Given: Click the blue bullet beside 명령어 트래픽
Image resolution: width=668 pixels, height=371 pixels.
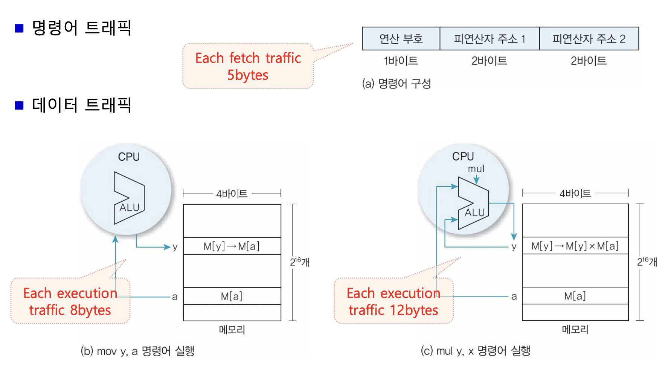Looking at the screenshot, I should pos(19,28).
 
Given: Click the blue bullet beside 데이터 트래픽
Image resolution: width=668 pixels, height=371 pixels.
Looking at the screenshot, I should pos(19,105).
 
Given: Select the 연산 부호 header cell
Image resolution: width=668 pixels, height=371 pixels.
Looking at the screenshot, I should pos(401,38).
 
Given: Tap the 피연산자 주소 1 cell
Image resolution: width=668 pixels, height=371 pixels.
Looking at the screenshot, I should pos(489,38).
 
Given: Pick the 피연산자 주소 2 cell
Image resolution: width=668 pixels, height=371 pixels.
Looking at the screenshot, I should pos(589,38).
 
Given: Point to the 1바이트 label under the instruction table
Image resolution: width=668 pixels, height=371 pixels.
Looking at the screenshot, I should pos(401,61).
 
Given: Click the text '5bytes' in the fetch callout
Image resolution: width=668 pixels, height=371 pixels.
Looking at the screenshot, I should pos(248,75).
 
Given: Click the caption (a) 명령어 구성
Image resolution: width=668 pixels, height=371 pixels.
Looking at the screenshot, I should pos(396,84).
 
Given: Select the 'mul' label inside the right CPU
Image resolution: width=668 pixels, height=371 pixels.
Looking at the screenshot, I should pos(476,169).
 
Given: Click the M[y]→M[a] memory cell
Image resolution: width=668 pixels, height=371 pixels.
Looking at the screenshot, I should pos(232,246).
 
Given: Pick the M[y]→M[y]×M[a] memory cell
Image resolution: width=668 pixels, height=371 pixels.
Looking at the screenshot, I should pos(575,246).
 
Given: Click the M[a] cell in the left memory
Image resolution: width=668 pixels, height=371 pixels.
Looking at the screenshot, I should pos(232,296).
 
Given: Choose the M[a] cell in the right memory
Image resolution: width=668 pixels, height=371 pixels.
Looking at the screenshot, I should pos(575,296).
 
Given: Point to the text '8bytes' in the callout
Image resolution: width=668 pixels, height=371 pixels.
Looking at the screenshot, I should pos(90,310).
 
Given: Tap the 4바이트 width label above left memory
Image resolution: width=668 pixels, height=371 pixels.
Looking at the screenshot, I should pos(232,194).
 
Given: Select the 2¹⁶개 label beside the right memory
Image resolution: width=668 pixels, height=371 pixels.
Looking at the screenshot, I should pos(647,262).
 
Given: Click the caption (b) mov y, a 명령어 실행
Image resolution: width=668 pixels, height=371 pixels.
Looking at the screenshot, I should pos(137,351).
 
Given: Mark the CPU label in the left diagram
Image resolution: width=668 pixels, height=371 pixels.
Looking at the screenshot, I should pos(129,157).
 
